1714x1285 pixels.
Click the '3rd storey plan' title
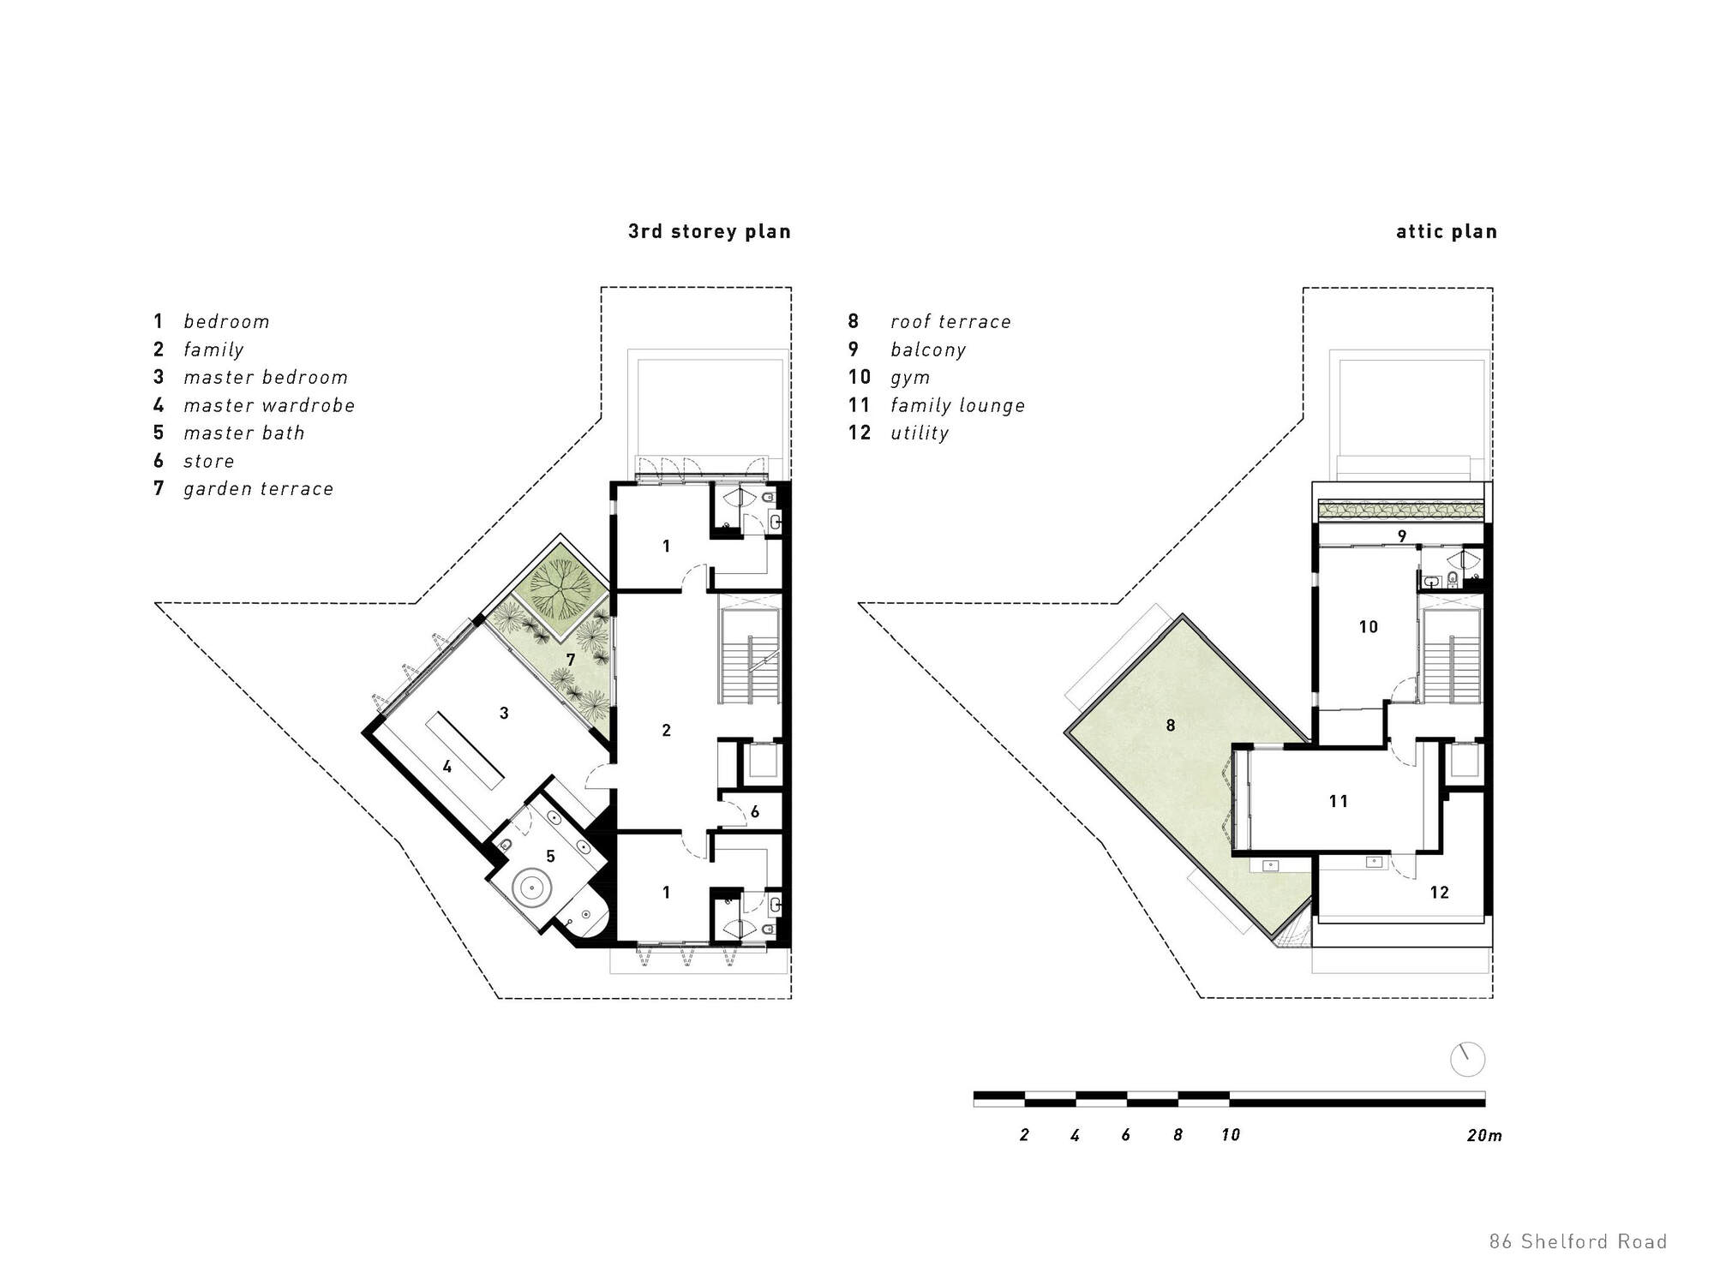pos(709,231)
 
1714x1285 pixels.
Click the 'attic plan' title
pos(1446,231)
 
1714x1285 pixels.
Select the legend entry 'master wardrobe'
pos(268,405)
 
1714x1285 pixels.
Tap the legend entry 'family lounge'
pos(956,405)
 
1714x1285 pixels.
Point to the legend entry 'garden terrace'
pos(258,489)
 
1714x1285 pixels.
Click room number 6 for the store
pos(754,812)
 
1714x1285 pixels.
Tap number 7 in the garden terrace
pos(570,660)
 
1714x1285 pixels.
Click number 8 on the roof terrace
pos(1171,726)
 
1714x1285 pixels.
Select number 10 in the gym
pos(1368,627)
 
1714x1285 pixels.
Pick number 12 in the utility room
pos(1439,893)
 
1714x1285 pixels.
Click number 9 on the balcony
pos(1402,537)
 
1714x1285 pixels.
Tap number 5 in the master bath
pos(550,856)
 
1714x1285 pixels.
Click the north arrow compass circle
pos(1467,1060)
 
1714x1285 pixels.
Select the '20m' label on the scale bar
pos(1483,1135)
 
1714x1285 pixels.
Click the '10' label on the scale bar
pos(1230,1135)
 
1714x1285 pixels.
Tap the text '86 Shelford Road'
pos(1577,1241)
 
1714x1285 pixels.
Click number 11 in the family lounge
pos(1338,802)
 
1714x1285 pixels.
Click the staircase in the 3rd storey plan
pos(749,668)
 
